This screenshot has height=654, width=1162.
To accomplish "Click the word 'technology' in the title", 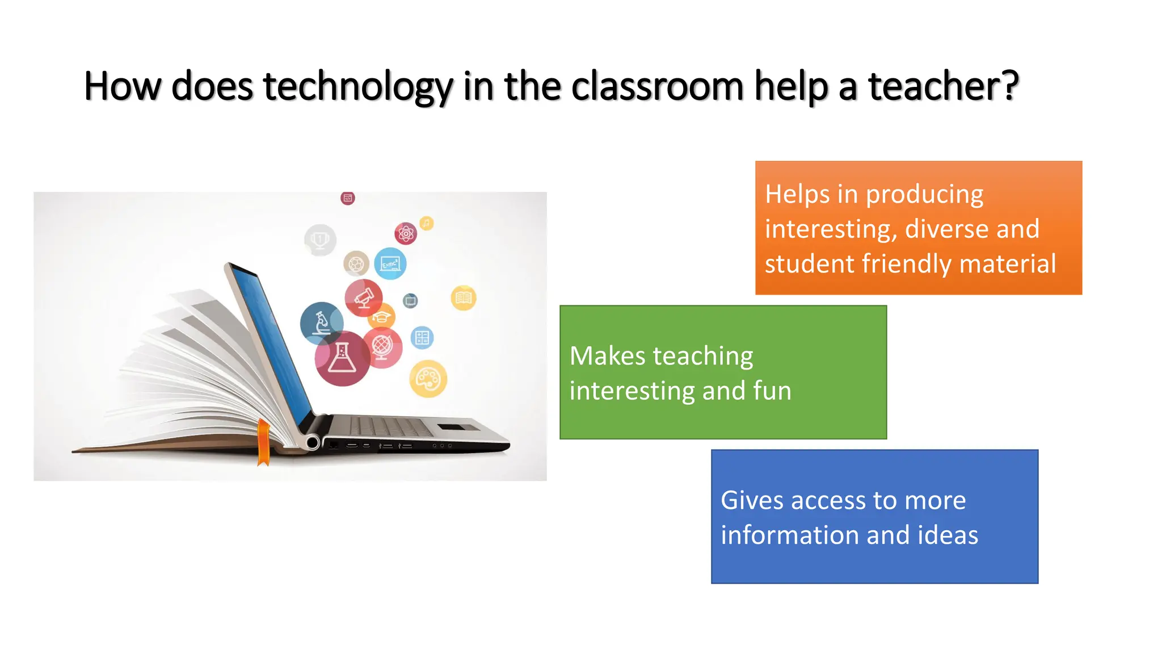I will tap(357, 87).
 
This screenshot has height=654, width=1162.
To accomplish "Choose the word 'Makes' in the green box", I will tap(607, 357).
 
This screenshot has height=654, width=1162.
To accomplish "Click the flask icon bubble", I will tap(342, 359).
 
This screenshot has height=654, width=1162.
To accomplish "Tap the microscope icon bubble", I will tap(322, 323).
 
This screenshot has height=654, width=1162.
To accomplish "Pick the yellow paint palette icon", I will tap(428, 379).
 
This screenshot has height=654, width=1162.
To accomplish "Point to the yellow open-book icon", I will tap(464, 297).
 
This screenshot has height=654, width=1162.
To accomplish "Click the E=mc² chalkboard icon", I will tap(390, 263).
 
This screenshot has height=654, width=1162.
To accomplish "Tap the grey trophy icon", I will tap(320, 240).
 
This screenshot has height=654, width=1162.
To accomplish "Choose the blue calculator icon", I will tap(422, 338).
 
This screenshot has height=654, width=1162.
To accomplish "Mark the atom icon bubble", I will tap(406, 233).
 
